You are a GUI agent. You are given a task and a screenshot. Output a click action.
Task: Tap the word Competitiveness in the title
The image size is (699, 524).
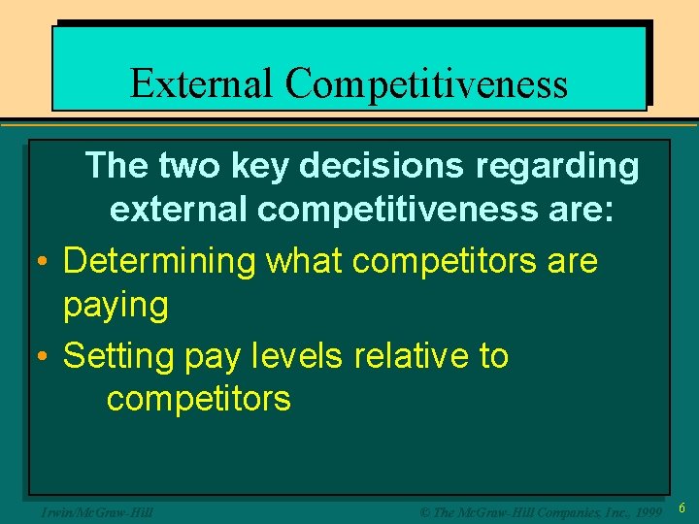426,84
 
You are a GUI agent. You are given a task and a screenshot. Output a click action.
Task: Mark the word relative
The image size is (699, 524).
412,355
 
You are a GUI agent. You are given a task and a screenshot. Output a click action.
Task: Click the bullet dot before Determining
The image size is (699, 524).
44,262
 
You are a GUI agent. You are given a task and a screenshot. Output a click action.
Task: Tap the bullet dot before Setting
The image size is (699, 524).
44,357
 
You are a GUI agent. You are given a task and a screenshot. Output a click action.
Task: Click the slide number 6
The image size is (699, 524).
682,508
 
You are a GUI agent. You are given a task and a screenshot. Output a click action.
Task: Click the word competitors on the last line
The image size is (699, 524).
198,399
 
